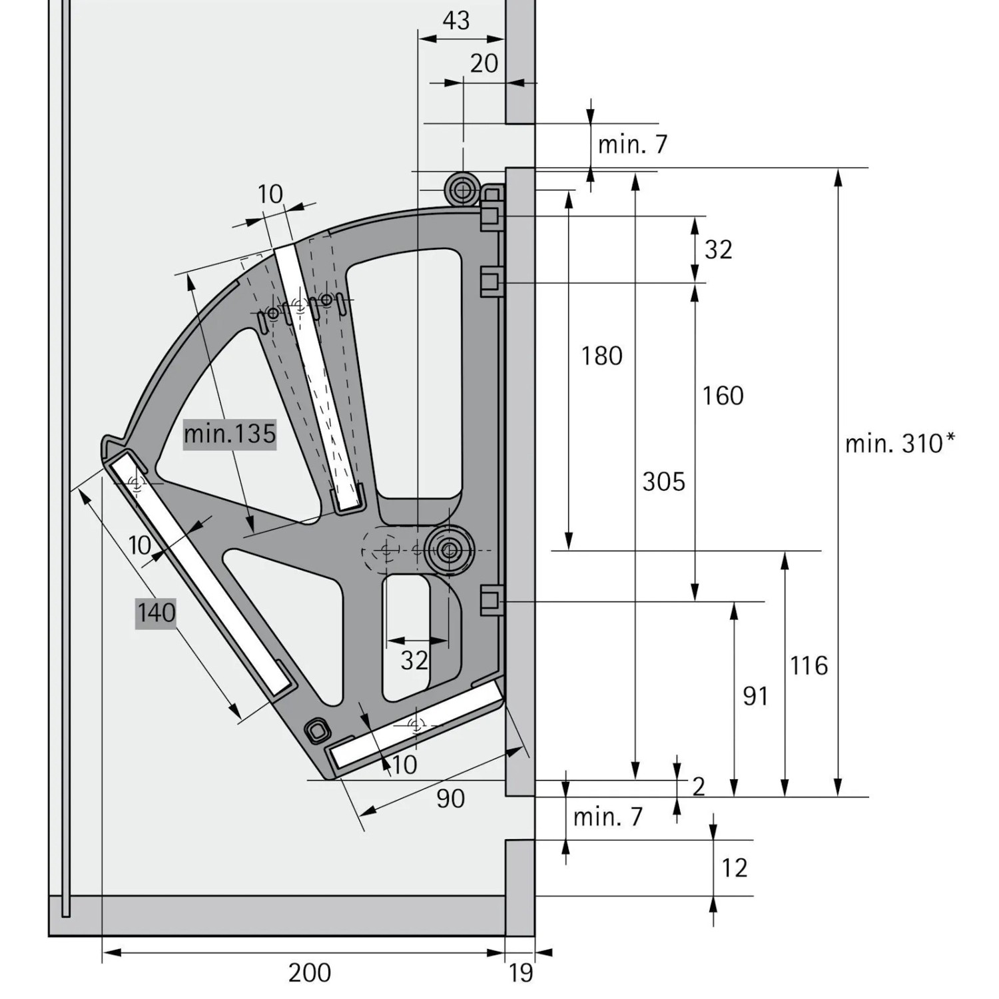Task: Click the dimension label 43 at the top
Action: point(456,21)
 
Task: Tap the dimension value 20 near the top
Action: point(484,63)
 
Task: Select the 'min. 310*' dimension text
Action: point(900,443)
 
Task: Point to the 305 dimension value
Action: point(663,481)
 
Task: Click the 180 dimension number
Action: point(601,356)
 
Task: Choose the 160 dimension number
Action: point(723,396)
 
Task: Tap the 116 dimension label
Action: point(809,665)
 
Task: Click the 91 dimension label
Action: point(755,696)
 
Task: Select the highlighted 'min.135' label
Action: point(229,434)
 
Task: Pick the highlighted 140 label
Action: point(157,612)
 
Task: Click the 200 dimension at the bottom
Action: point(310,973)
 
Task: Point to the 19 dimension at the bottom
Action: point(521,973)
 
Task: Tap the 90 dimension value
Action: point(450,799)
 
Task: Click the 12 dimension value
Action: point(734,868)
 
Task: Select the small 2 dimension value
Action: point(698,787)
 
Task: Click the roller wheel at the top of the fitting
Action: point(462,190)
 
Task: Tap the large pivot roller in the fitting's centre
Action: point(448,550)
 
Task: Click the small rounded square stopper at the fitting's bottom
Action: point(316,730)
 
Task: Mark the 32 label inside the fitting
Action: point(414,661)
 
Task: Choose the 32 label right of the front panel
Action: point(718,249)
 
